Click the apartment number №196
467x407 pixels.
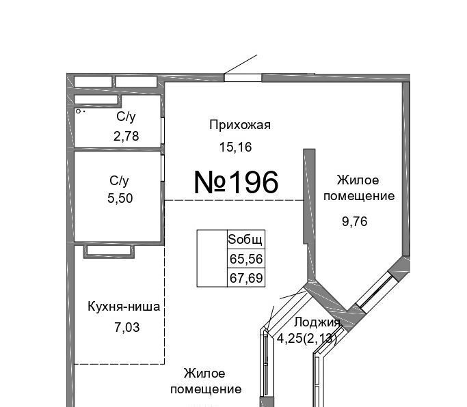(236, 182)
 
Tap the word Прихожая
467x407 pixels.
(240, 125)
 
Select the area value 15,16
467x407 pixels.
(236, 147)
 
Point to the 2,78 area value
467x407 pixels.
(126, 137)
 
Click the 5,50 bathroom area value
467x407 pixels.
(120, 198)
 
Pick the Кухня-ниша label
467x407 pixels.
(124, 307)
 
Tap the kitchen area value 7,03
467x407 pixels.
(127, 327)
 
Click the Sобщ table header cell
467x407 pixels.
(246, 240)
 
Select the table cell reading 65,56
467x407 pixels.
(246, 259)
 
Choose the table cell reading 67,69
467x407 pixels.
(246, 277)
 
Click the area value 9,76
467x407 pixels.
(355, 221)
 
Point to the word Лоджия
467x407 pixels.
(317, 322)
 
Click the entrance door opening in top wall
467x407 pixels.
(243, 78)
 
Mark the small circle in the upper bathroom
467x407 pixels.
(79, 111)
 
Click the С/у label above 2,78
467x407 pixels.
(126, 117)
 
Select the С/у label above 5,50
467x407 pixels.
(119, 180)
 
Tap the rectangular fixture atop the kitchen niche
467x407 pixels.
(109, 251)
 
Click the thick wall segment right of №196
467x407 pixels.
(310, 197)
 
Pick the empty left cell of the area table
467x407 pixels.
(212, 258)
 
